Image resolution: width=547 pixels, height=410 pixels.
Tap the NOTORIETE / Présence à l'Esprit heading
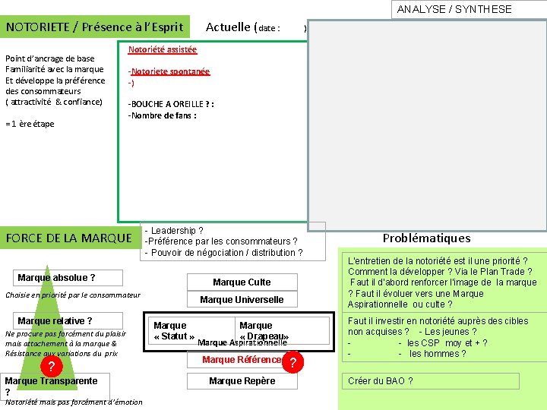pyautogui.click(x=95, y=27)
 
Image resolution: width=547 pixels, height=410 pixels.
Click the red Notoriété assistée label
pyautogui.click(x=163, y=49)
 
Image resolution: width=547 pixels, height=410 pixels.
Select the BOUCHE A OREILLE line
pyautogui.click(x=171, y=104)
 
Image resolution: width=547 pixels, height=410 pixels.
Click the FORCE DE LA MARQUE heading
pyautogui.click(x=69, y=238)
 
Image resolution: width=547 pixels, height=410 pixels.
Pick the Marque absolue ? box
pyautogui.click(x=56, y=278)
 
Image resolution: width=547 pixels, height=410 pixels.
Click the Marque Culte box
pyautogui.click(x=242, y=282)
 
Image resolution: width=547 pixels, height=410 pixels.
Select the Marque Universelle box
pyautogui.click(x=242, y=299)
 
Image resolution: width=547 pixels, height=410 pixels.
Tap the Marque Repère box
pyautogui.click(x=242, y=380)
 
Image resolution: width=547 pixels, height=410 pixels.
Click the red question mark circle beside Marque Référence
pyautogui.click(x=292, y=363)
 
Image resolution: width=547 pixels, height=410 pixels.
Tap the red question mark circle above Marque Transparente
pyautogui.click(x=51, y=367)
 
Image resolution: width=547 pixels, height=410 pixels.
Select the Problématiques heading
pyautogui.click(x=426, y=238)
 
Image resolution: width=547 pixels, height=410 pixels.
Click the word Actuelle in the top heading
pyautogui.click(x=228, y=27)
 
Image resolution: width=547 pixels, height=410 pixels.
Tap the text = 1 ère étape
pyautogui.click(x=30, y=124)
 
